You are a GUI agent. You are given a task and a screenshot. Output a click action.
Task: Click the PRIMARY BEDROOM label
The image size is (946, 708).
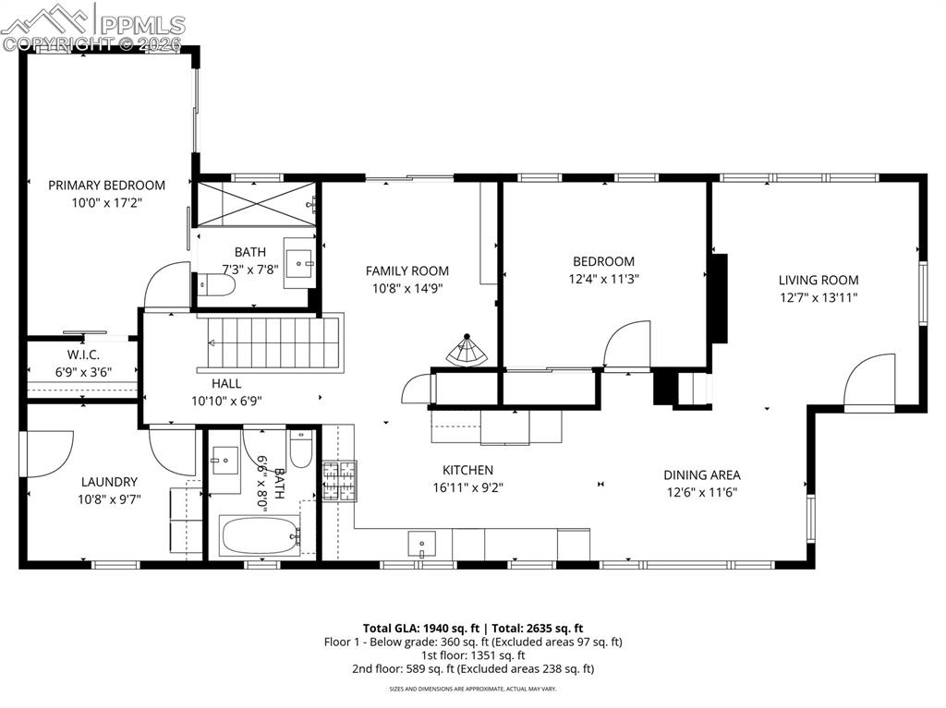coord(106,186)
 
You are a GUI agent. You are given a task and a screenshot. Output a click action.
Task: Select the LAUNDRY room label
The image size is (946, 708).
coord(109,482)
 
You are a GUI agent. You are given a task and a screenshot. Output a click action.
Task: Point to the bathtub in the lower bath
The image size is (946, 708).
coord(260,535)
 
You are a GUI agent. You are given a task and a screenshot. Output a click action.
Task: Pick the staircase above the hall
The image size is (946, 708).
coord(273,343)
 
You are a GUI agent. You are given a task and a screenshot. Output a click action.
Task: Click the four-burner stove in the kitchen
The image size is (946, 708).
coord(338,481)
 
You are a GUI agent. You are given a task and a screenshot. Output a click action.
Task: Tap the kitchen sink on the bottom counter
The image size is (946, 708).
coord(422,544)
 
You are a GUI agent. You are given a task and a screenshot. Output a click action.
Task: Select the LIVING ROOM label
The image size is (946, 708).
coord(818,280)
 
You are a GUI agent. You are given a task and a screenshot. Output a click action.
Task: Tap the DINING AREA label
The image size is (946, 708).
coord(701,474)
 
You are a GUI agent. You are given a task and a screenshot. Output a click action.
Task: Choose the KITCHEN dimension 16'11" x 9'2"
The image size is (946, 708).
coord(467,487)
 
